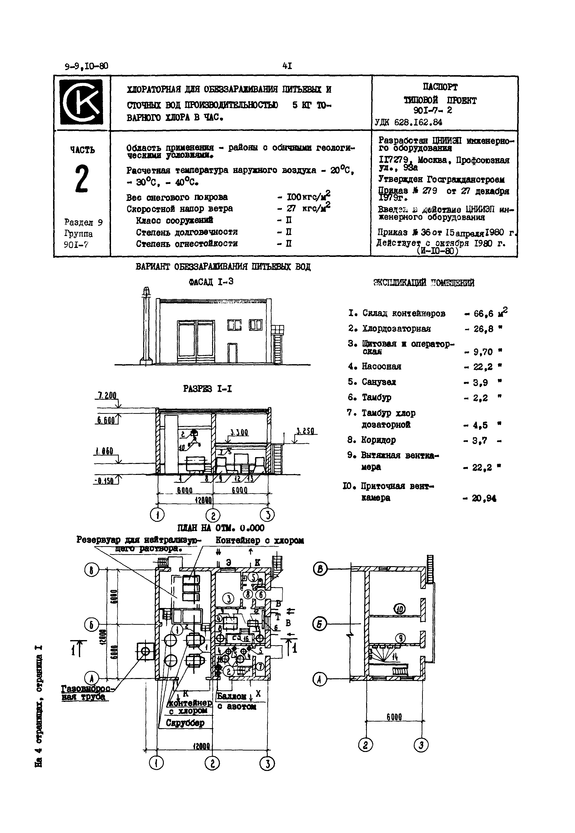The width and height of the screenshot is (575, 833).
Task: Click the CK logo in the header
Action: coord(81,102)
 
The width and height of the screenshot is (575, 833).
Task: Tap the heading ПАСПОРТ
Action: coord(440,87)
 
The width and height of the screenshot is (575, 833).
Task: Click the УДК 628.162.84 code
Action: coord(409,122)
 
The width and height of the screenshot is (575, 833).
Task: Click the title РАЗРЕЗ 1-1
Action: coord(207,389)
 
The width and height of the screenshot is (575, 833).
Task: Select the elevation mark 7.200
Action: coord(106,396)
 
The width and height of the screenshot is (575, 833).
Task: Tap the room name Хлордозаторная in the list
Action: coord(396,329)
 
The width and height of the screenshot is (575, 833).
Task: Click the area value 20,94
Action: coord(484,498)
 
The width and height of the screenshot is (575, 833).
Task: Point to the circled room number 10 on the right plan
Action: coord(399,609)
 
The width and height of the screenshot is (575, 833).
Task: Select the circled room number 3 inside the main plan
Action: coord(228,599)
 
